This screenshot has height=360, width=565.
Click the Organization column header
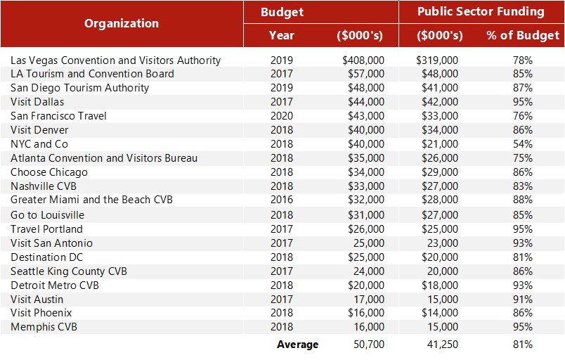click(122, 23)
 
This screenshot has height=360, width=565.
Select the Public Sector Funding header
click(481, 12)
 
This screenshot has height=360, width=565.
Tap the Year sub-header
click(281, 35)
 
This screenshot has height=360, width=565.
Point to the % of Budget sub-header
click(523, 35)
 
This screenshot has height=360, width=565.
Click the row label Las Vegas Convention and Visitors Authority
click(115, 60)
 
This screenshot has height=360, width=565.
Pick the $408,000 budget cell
click(363, 60)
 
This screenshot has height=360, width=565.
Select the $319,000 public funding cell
click(437, 60)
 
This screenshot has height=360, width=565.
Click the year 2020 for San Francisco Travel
click(281, 116)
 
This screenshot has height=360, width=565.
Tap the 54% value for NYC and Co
click(523, 144)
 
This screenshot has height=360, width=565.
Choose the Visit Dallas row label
click(37, 102)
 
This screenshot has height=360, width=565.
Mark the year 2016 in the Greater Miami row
click(281, 200)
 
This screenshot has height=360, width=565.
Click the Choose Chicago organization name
click(49, 172)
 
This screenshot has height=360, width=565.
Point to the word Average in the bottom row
click(297, 345)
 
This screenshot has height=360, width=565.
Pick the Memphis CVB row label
click(44, 327)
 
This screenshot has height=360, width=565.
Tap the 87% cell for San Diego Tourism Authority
click(523, 88)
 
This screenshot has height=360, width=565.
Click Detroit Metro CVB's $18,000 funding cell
click(440, 285)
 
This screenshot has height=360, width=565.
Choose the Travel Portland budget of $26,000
click(366, 229)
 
